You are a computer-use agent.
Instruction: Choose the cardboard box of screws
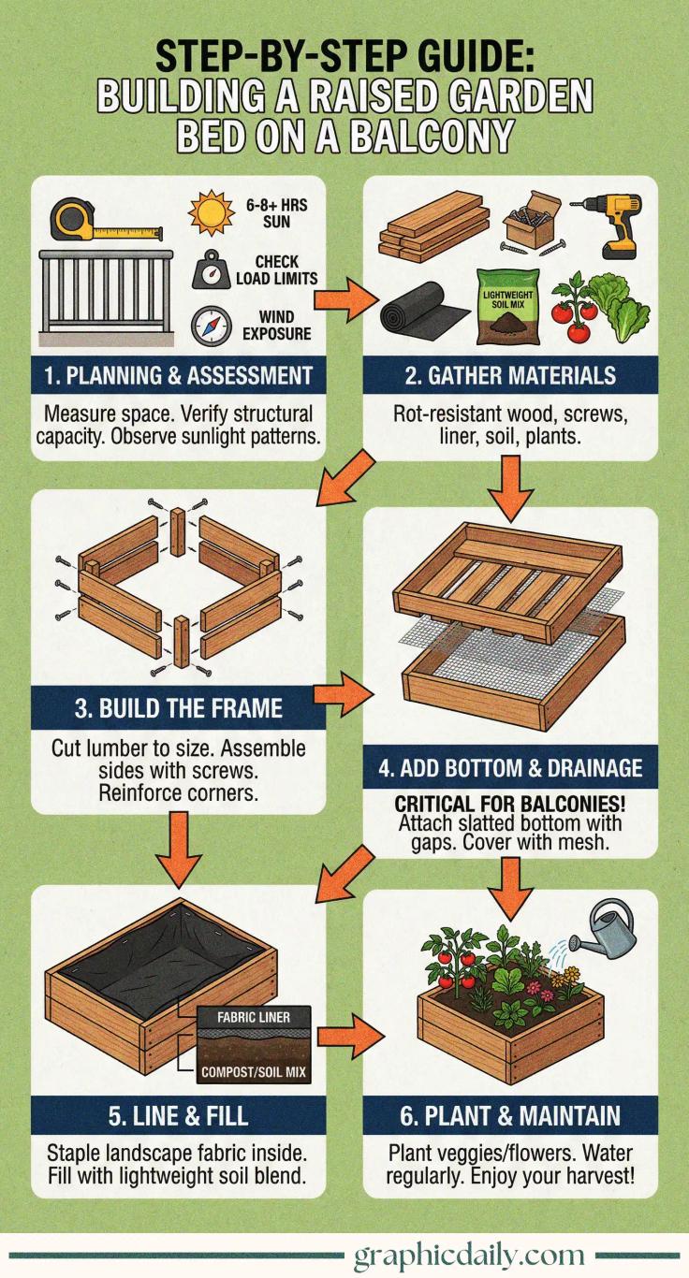pyautogui.click(x=527, y=221)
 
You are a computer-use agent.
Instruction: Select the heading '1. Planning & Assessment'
pyautogui.click(x=179, y=376)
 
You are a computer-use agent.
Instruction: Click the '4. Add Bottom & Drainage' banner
pyautogui.click(x=510, y=768)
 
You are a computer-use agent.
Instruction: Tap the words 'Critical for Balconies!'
pyautogui.click(x=510, y=805)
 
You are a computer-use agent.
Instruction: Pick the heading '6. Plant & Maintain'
pyautogui.click(x=510, y=1115)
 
